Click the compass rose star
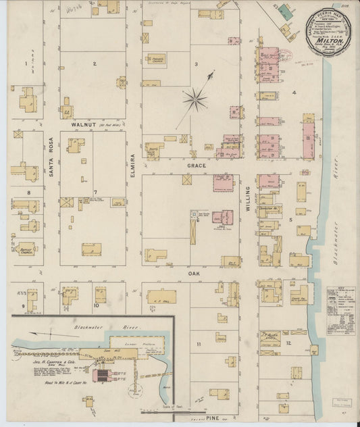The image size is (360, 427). (x=195, y=100)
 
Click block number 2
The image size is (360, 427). (x=95, y=64)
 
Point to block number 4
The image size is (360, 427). (x=294, y=91)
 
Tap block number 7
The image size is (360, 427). (x=95, y=193)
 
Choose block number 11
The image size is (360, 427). (x=199, y=345)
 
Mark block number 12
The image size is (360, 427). (x=288, y=343)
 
